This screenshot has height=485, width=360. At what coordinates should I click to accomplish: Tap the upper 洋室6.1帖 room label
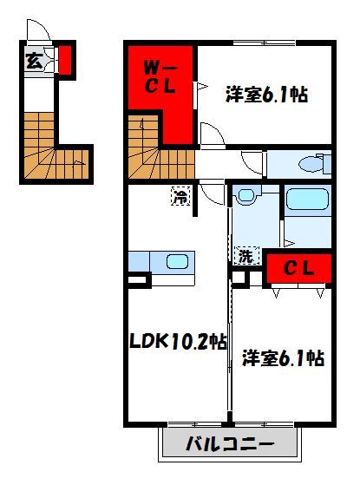[x=267, y=94]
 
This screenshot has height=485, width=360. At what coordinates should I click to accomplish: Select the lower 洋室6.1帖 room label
[x=284, y=357]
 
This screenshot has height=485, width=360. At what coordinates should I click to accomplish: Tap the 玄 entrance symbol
[x=33, y=62]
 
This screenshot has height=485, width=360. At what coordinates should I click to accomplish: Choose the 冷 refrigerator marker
[x=179, y=197]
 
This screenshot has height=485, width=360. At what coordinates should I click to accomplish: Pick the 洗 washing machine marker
[x=245, y=256]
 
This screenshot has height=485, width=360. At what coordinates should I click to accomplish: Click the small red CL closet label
[x=297, y=270]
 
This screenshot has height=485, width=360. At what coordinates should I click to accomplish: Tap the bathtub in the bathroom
[x=306, y=201]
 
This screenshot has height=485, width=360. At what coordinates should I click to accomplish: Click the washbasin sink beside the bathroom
[x=247, y=196]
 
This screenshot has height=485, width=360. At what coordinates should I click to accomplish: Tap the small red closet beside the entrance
[x=64, y=60]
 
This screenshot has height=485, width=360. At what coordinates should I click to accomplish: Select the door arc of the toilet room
[x=252, y=161]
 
